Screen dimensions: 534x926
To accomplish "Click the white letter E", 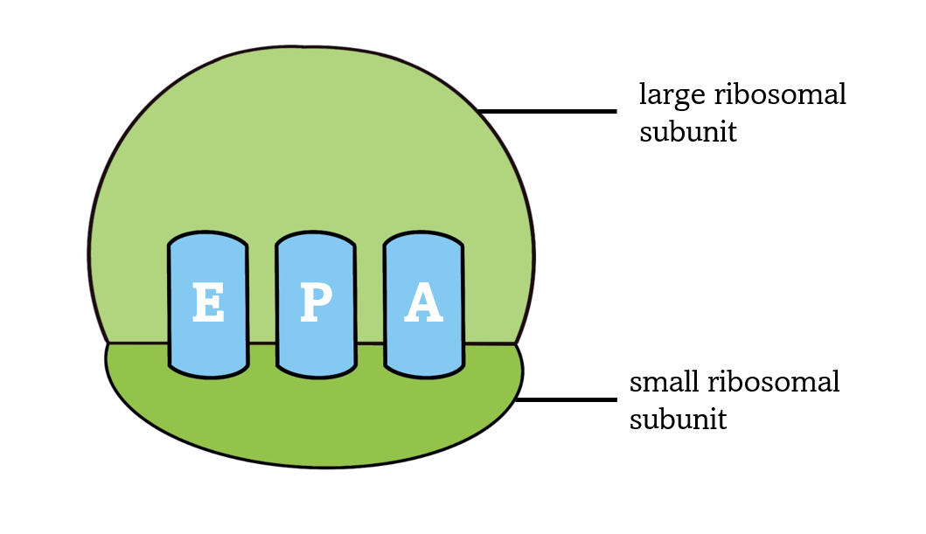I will click(207, 303).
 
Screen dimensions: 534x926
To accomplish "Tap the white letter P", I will click(316, 303).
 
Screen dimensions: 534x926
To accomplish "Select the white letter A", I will click(424, 303).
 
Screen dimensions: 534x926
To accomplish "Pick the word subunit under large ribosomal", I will click(687, 132).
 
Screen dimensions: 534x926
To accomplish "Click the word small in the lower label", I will click(665, 382).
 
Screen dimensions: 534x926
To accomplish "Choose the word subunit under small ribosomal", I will click(678, 420).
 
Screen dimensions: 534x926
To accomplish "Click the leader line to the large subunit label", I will click(547, 112).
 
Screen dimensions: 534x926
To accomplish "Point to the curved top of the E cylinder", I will click(207, 239).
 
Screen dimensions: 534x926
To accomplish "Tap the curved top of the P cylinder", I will click(316, 239).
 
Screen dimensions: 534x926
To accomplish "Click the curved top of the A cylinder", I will click(424, 239).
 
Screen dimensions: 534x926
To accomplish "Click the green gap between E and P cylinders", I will click(261, 297).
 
